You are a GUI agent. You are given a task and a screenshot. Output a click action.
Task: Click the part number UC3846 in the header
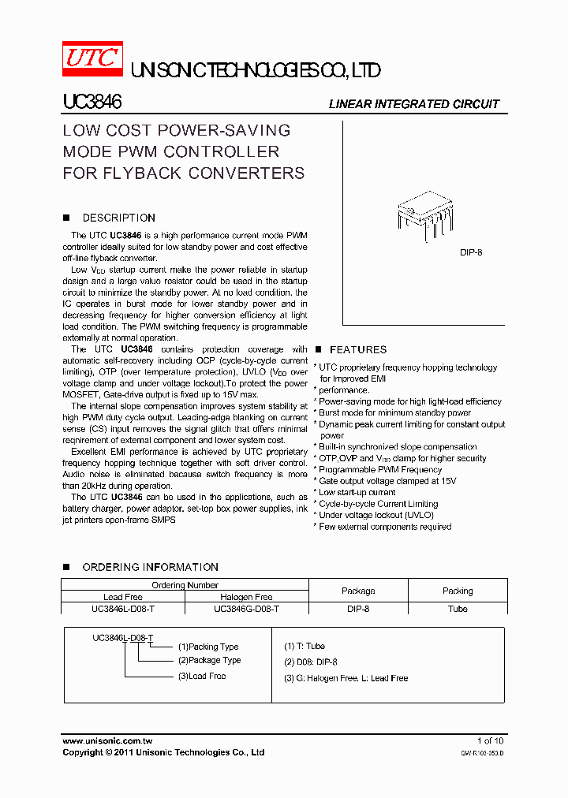(x=92, y=103)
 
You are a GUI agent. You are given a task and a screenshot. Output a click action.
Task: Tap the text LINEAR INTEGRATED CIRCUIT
(x=413, y=104)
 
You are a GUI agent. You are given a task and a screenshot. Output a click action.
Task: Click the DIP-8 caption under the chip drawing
(x=471, y=252)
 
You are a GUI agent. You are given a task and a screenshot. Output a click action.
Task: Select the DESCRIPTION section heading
(x=118, y=218)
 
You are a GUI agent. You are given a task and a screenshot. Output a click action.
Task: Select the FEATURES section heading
(x=358, y=349)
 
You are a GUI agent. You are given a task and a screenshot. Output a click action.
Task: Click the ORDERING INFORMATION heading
(x=150, y=567)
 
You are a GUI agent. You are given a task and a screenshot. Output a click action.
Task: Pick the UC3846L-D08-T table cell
(x=123, y=609)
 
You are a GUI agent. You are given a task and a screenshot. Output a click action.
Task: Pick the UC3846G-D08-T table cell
(x=246, y=609)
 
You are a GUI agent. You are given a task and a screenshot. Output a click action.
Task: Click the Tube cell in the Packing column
(x=458, y=609)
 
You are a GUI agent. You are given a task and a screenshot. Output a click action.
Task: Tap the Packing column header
(x=458, y=591)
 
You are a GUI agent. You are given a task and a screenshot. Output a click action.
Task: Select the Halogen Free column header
(x=246, y=597)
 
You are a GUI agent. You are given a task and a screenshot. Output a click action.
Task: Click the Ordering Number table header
(x=185, y=585)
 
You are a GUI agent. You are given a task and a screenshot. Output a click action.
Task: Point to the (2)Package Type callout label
(x=209, y=660)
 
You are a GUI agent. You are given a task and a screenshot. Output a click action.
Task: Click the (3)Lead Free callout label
(x=202, y=676)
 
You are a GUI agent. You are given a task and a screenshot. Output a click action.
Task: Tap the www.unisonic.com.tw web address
(x=107, y=740)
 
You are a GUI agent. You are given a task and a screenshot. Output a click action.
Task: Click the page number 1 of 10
(x=490, y=740)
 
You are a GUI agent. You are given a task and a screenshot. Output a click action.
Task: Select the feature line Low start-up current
(x=357, y=492)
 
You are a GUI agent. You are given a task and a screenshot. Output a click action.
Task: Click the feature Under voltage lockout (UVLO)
(x=376, y=515)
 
